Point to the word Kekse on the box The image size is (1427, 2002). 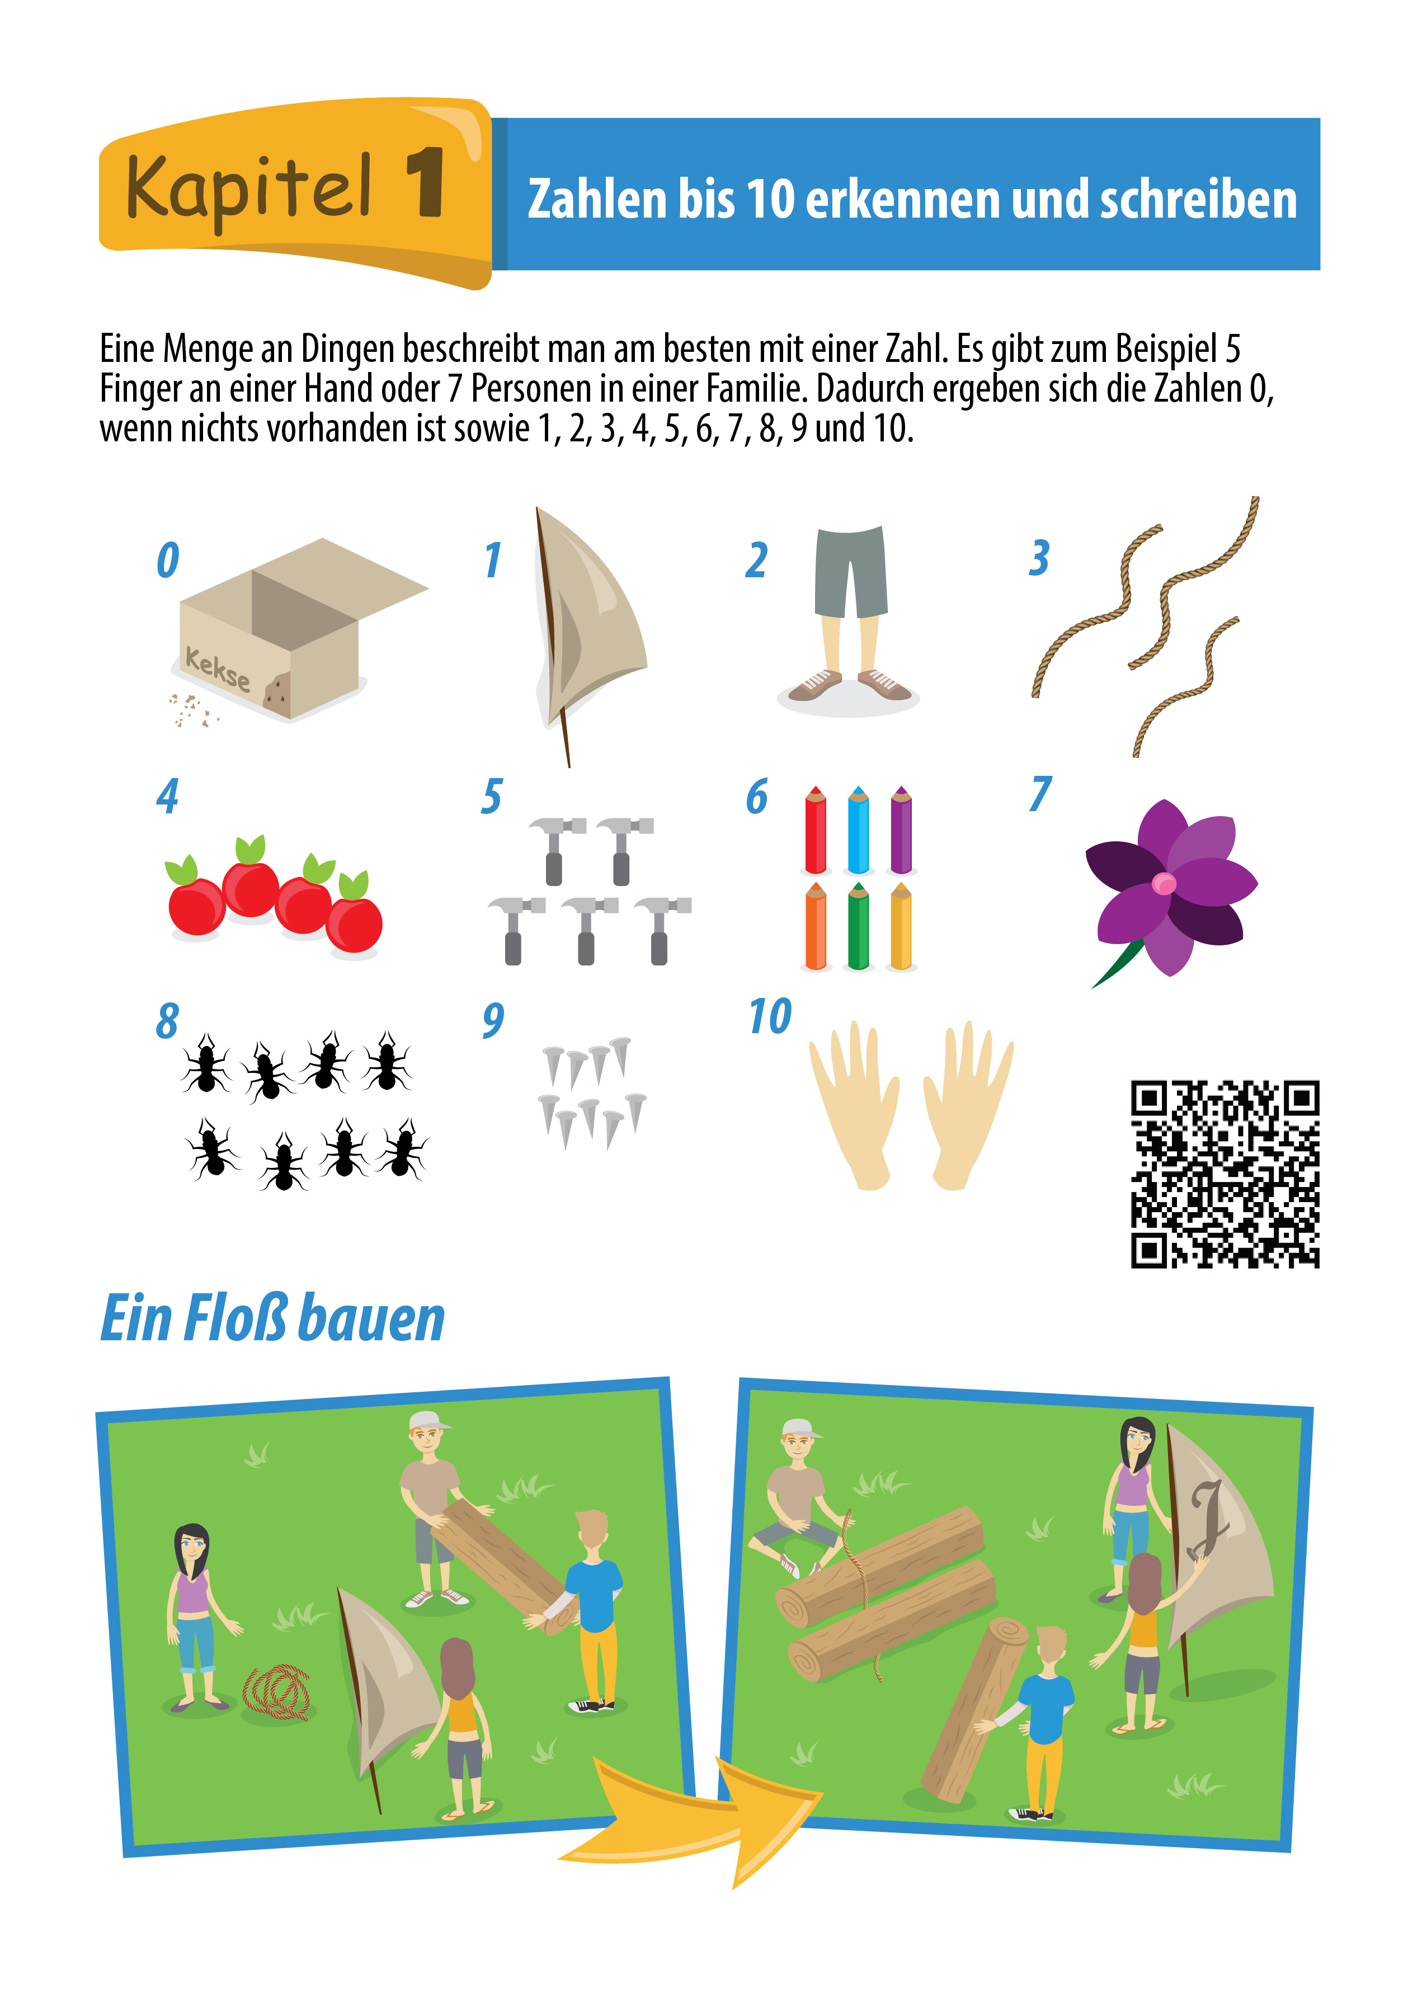click(217, 668)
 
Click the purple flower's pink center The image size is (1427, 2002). click(1164, 883)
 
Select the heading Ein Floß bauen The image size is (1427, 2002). click(272, 1318)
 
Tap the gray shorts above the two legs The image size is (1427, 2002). click(850, 571)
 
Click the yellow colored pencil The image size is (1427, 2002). click(901, 926)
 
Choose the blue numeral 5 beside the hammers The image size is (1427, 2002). click(492, 796)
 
